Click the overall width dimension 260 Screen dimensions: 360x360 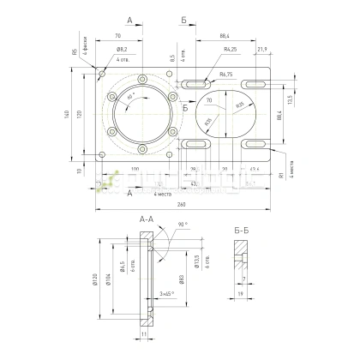[x=181, y=205]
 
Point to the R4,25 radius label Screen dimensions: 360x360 [x=230, y=51]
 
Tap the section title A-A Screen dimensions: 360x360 [x=147, y=220]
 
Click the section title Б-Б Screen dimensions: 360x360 [x=242, y=230]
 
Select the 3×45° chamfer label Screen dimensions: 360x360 [x=167, y=292]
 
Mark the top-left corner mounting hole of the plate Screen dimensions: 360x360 [x=103, y=75]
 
